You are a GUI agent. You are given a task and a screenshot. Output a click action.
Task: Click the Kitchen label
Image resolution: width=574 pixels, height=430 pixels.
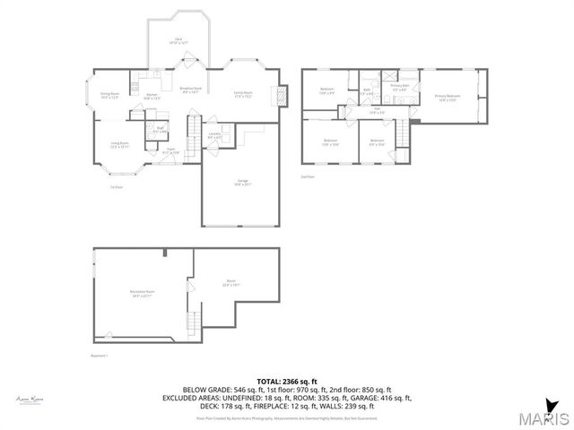(152, 96)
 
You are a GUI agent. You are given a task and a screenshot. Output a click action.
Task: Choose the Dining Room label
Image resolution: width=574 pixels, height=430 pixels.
(110, 94)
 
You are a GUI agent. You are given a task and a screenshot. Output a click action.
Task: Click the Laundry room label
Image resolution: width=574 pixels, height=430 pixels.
(214, 135)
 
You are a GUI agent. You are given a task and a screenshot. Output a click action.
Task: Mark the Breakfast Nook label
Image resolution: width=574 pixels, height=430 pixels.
(190, 90)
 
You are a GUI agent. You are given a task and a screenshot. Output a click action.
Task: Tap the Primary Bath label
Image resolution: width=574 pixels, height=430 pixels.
(399, 88)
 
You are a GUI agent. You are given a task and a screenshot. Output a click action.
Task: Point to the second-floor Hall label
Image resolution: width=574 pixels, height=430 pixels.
(377, 111)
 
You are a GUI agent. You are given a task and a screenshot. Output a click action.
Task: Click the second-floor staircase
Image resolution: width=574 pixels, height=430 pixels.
(403, 134)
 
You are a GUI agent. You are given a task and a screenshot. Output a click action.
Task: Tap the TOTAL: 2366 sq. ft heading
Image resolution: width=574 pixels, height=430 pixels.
(286, 380)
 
